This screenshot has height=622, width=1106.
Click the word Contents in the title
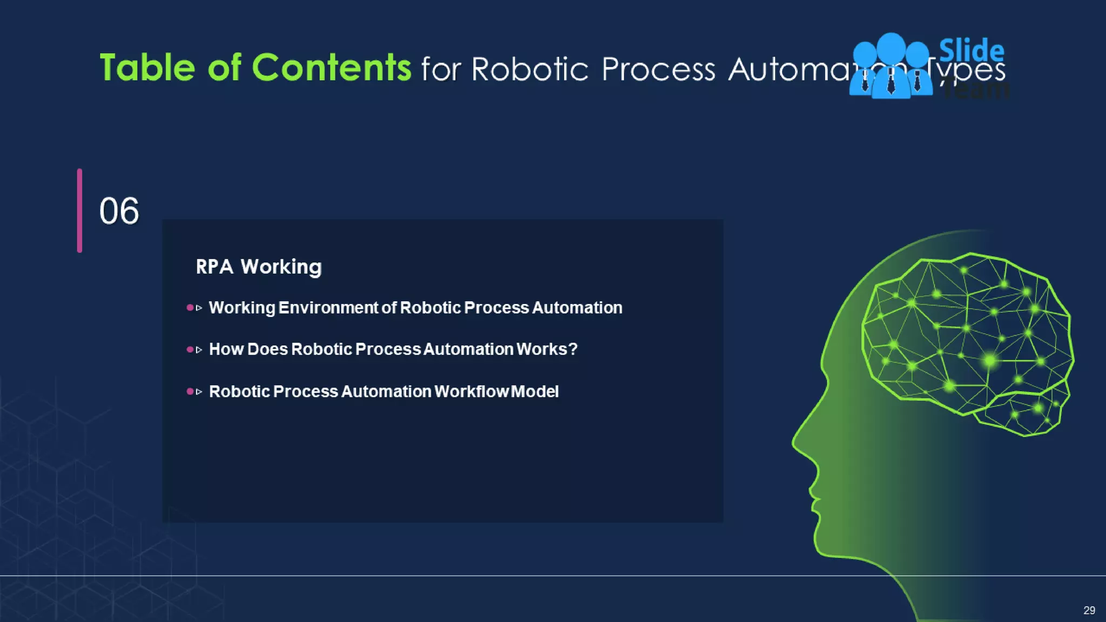tap(331, 68)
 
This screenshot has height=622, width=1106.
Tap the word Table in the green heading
tap(147, 68)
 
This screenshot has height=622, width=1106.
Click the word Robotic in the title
tap(529, 70)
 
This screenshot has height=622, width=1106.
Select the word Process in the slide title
tap(658, 70)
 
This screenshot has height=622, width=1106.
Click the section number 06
tap(119, 211)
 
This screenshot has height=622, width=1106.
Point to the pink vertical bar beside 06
tap(79, 211)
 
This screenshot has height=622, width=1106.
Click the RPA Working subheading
tap(259, 267)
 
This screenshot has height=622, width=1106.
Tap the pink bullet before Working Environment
tap(190, 308)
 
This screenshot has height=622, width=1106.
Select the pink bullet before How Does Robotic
tap(190, 349)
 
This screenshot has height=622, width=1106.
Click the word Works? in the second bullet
tap(547, 349)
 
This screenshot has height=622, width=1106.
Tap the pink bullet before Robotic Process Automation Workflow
tap(190, 391)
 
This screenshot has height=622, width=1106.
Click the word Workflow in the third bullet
tap(471, 391)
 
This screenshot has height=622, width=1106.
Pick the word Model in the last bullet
tap(535, 391)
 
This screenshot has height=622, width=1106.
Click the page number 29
tap(1089, 610)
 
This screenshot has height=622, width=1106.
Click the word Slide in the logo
tap(972, 51)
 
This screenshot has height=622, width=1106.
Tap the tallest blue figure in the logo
tap(891, 65)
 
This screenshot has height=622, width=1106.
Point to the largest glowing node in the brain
tap(989, 360)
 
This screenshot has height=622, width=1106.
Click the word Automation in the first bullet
tap(577, 308)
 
